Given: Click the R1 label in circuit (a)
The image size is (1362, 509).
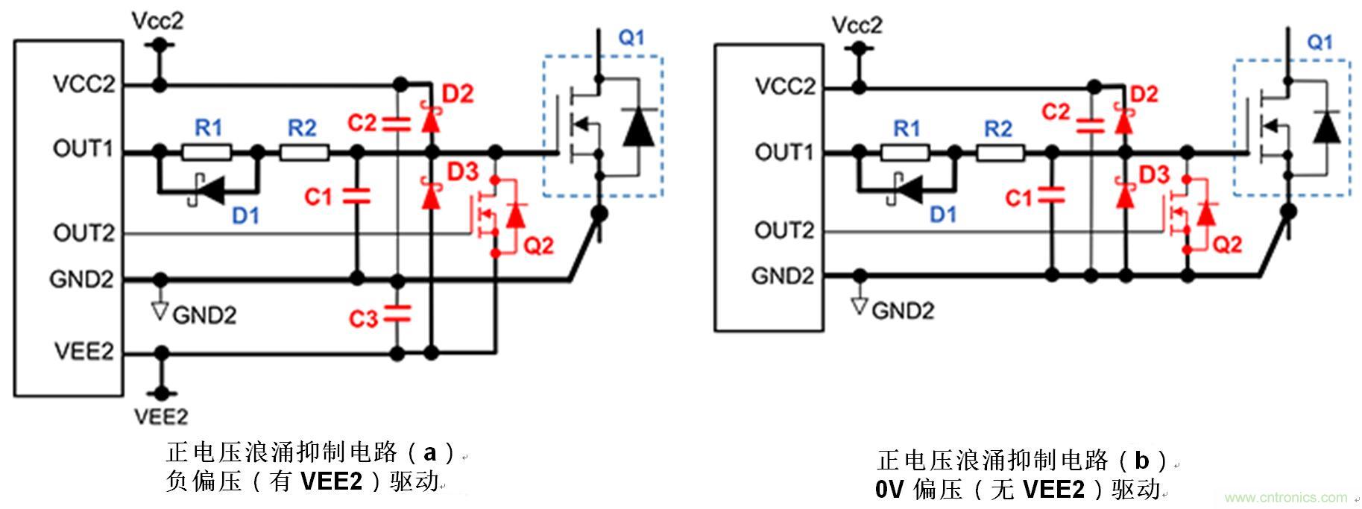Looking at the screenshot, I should click(x=209, y=128).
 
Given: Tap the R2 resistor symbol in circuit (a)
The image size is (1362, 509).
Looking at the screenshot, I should click(x=304, y=153).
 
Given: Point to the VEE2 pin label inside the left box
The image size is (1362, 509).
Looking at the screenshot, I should click(x=83, y=351).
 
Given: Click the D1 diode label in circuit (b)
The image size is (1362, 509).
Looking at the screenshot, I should click(x=943, y=215).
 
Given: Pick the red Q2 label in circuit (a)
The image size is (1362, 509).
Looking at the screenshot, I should click(x=538, y=245).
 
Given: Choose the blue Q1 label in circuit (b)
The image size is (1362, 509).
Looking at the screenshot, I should click(x=1320, y=42).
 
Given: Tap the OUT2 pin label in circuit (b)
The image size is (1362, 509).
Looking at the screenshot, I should click(x=784, y=230).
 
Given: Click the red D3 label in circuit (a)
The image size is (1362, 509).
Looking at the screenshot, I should click(x=462, y=172).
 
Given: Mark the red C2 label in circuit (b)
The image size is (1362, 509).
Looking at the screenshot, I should click(x=1056, y=112).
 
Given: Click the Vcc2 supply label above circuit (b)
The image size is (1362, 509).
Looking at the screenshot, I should click(x=857, y=25).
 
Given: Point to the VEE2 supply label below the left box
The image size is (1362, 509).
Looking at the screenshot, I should click(x=161, y=416).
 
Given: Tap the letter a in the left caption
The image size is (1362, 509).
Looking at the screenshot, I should click(x=430, y=452).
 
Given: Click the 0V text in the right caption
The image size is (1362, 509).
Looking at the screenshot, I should click(x=889, y=490).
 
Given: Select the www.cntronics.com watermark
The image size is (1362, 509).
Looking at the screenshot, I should click(x=1285, y=497).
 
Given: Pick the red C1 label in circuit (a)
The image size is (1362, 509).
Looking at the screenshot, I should click(x=318, y=197).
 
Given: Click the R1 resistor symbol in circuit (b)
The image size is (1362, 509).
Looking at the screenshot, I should click(x=905, y=154).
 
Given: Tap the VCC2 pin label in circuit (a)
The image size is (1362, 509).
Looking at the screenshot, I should click(x=84, y=85).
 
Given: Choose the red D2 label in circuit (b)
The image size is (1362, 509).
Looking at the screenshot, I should click(x=1144, y=95).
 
